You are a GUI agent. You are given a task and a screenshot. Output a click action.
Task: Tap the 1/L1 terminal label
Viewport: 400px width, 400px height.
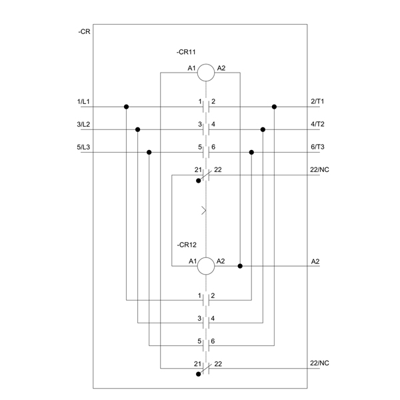(83, 101)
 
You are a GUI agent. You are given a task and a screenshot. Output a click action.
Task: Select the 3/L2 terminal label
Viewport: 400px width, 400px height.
(83, 124)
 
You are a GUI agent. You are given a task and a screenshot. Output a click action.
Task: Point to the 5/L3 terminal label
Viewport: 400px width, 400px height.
(83, 147)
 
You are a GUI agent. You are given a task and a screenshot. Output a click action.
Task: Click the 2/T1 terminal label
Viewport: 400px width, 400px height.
(317, 101)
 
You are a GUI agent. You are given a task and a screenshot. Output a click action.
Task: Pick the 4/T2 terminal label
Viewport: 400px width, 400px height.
(317, 124)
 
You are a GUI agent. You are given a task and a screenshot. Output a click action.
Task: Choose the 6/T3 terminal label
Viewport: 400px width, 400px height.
(317, 147)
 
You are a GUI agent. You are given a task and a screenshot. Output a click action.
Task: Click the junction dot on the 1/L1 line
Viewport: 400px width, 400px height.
(126, 107)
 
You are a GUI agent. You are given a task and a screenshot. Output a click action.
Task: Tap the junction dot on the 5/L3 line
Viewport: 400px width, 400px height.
(149, 152)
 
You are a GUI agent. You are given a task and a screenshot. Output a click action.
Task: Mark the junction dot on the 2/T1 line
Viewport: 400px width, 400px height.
(274, 107)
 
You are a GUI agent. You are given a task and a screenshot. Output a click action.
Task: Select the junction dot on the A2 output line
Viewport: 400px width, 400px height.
(240, 266)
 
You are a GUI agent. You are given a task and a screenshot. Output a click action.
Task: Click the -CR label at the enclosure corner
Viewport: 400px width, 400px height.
(84, 31)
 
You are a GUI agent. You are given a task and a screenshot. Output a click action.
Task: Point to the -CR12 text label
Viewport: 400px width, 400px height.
(187, 245)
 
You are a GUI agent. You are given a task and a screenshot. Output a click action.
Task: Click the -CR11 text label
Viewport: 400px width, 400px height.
(186, 52)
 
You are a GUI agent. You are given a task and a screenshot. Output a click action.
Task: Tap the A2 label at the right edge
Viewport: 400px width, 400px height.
(315, 261)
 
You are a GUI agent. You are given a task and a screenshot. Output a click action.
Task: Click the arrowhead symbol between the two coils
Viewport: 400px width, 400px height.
(204, 211)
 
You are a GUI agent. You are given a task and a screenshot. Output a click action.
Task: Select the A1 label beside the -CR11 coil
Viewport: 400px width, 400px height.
(191, 68)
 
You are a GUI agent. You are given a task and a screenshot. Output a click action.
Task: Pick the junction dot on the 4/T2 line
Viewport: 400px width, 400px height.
(263, 129)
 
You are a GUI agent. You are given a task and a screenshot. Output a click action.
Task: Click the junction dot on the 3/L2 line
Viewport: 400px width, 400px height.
(138, 129)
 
